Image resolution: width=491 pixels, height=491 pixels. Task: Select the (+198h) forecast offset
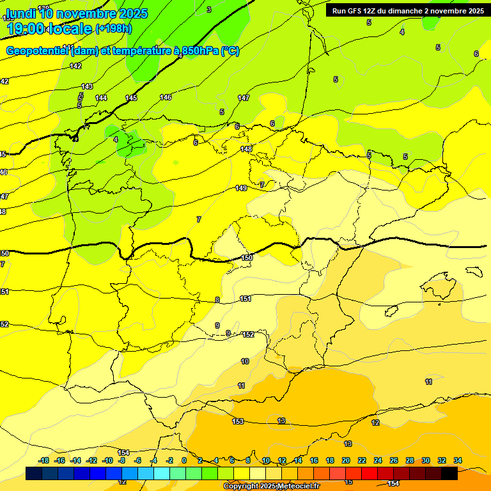113,28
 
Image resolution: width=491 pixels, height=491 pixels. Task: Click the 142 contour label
75,66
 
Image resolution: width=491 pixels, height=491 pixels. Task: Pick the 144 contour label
101,98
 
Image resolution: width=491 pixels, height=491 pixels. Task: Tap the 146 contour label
166,97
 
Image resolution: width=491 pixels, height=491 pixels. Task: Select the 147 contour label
244,98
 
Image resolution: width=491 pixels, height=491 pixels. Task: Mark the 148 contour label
246,149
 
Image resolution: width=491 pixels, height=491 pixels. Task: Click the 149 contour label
241,188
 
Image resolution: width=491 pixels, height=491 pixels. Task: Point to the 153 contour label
238,421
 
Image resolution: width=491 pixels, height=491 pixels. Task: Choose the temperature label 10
245,362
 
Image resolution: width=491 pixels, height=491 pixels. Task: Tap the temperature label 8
217,300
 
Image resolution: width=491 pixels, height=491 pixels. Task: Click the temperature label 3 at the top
209,10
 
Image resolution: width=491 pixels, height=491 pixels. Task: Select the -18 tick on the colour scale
43,460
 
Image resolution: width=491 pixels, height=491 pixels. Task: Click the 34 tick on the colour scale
457,460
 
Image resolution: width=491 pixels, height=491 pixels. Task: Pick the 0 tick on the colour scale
184,460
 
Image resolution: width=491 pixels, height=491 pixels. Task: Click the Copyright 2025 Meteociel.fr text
271,486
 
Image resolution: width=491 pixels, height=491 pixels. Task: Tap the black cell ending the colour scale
449,473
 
